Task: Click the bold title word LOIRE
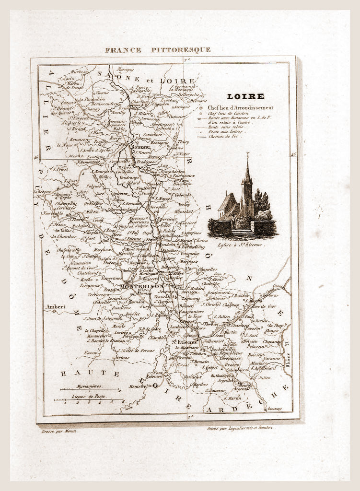(x=252, y=96)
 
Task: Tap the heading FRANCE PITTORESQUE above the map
(x=158, y=50)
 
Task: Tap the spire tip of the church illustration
(x=248, y=155)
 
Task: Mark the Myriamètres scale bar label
(x=89, y=386)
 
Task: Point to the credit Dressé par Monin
(x=59, y=431)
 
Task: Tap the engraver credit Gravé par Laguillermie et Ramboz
(x=239, y=428)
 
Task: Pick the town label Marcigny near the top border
(x=125, y=69)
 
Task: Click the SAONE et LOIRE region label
(x=146, y=80)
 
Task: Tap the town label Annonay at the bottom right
(x=275, y=409)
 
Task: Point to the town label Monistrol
(x=138, y=386)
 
